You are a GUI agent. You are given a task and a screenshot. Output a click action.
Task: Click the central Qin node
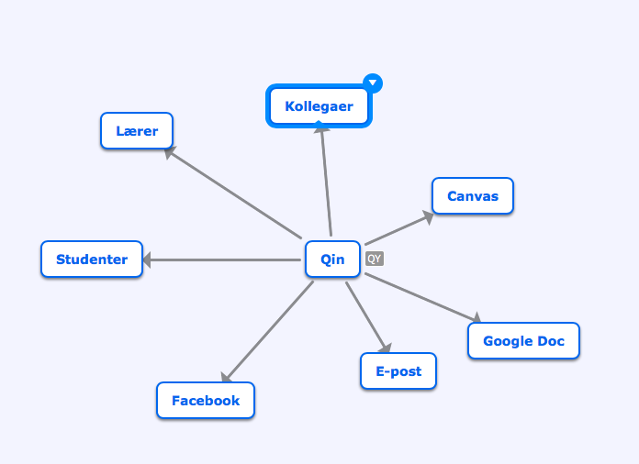[x=332, y=260]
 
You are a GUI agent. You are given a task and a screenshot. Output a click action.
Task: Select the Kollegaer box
[x=319, y=106]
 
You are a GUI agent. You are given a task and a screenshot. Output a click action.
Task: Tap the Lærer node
[x=137, y=130]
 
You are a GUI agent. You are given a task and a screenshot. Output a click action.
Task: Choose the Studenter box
[x=92, y=260]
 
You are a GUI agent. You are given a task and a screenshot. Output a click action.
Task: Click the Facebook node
[x=206, y=401]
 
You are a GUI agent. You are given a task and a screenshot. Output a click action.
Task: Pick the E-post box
[x=398, y=371]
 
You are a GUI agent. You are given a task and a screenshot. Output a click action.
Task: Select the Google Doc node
[x=523, y=341]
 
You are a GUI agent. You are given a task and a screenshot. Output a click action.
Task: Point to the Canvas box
[x=473, y=196]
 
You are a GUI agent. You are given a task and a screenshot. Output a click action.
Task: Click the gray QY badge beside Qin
[x=375, y=259]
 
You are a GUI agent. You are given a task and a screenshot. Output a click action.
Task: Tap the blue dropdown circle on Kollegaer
[x=373, y=83]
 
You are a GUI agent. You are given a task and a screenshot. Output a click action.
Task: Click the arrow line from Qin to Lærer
[x=232, y=193]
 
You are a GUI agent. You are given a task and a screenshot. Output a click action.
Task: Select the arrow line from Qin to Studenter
[x=221, y=260]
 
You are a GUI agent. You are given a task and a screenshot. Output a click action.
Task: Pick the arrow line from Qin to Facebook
[x=267, y=332]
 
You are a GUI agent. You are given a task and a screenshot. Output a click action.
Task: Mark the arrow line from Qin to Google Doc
[x=423, y=298]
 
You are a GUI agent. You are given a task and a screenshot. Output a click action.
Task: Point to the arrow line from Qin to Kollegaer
[x=326, y=182]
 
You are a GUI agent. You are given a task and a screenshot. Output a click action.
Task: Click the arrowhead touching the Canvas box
[x=428, y=217]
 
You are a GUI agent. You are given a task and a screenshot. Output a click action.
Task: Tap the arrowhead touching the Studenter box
[x=147, y=260]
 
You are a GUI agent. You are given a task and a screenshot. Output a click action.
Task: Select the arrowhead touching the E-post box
[x=385, y=348]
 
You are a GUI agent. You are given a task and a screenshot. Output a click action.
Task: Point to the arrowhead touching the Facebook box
[x=226, y=377]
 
